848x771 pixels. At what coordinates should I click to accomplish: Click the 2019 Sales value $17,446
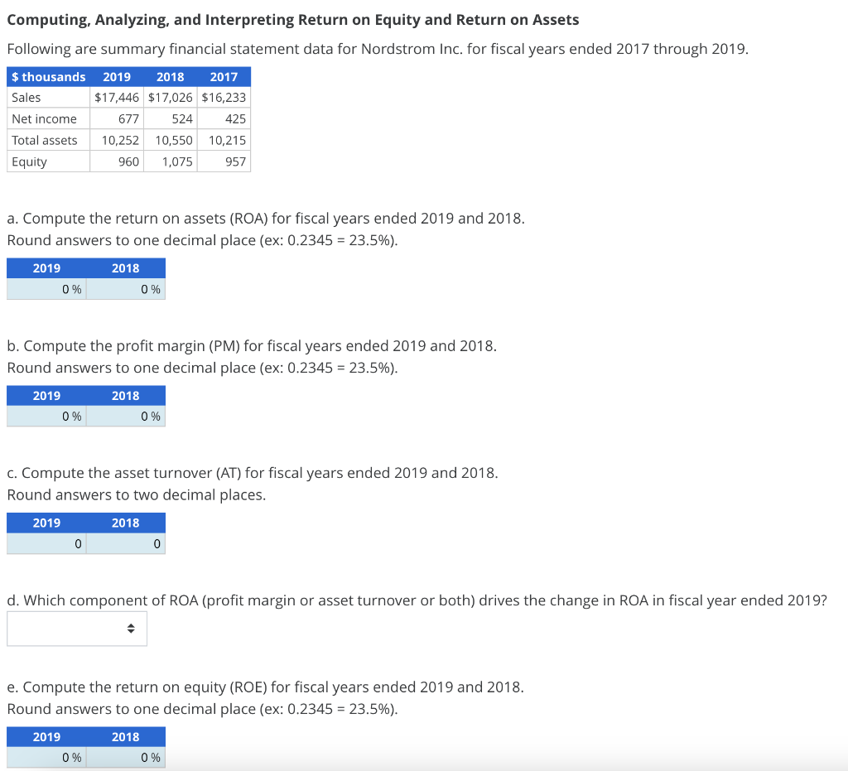[117, 98]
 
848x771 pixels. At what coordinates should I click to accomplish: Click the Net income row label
[45, 119]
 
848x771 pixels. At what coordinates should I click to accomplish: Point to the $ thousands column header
[49, 77]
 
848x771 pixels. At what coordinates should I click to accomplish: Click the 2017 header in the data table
[224, 77]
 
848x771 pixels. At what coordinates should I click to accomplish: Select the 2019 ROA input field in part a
[47, 289]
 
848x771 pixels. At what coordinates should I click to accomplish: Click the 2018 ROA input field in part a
[126, 289]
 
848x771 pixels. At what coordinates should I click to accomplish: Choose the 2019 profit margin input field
[47, 417]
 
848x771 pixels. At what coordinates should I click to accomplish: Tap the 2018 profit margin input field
[126, 417]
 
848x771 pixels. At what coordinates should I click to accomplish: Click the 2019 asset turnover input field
[47, 544]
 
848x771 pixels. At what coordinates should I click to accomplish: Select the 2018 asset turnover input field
[126, 544]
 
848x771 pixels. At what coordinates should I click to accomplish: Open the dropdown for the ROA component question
[77, 629]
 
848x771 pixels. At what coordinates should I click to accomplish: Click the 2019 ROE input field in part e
[47, 757]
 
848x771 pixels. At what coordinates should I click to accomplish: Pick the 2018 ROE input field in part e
[126, 757]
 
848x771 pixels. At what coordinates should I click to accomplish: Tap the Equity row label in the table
[30, 161]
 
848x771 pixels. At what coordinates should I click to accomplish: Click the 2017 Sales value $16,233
[224, 98]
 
